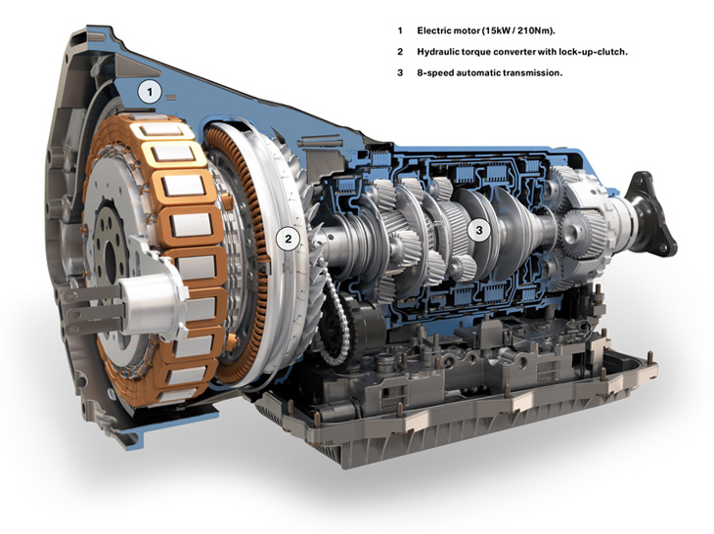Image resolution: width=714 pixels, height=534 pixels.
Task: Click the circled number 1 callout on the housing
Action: pyautogui.click(x=150, y=93)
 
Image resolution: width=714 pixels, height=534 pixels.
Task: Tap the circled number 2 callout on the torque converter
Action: pyautogui.click(x=288, y=239)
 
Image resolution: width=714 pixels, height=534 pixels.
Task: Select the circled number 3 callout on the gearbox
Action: pyautogui.click(x=478, y=231)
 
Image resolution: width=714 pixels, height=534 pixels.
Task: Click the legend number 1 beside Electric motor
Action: pyautogui.click(x=400, y=30)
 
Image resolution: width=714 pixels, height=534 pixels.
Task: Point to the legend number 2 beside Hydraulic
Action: pyautogui.click(x=400, y=52)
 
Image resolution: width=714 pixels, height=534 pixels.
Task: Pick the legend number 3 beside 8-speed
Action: pyautogui.click(x=400, y=72)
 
